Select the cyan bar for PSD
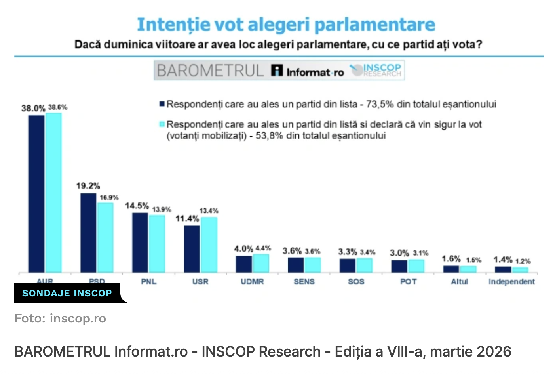[x=105, y=237]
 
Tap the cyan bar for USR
[x=209, y=244]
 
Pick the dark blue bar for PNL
[x=140, y=242]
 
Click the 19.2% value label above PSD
[x=88, y=186]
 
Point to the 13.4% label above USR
[x=209, y=211]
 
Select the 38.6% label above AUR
[x=58, y=107]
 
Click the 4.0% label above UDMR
[x=243, y=249]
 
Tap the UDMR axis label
[x=252, y=282]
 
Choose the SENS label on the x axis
[x=304, y=282]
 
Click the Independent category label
[x=511, y=282]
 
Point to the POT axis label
[x=408, y=282]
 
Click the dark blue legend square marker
[x=162, y=104]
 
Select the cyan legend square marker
[x=162, y=124]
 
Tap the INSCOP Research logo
[x=376, y=71]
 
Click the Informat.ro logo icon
[x=277, y=71]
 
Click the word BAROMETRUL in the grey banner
[x=210, y=71]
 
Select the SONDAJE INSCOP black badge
[x=67, y=293]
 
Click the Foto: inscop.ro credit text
[x=60, y=319]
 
